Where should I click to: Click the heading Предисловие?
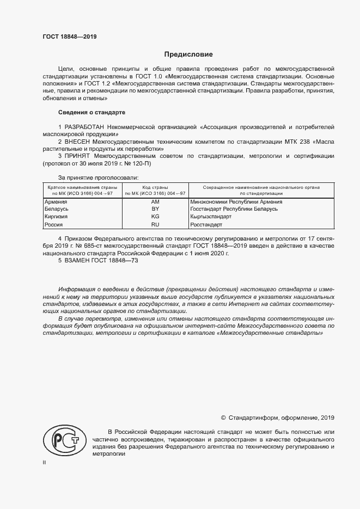coord(188,54)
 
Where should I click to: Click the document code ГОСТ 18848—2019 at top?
coord(69,36)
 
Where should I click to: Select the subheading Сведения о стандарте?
coord(91,112)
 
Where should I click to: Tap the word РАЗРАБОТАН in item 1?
coord(86,126)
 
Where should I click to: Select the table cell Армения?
coord(55,201)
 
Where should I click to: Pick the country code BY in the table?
coord(155,209)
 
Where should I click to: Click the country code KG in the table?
coord(155,217)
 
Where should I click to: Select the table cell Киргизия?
coord(56,217)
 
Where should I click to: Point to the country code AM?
coord(155,201)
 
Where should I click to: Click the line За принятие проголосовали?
coord(98,177)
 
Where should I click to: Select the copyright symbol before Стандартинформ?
coord(223,418)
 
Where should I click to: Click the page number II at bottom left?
coord(45,462)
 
